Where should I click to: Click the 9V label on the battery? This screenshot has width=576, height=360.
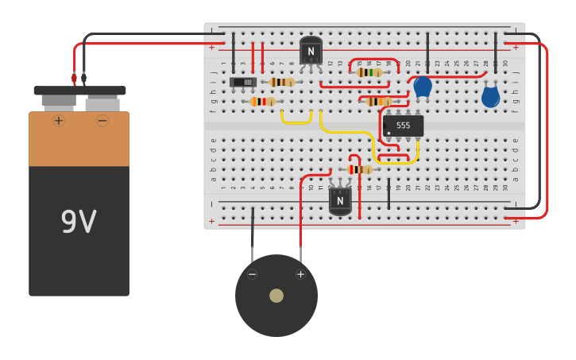tap(79, 223)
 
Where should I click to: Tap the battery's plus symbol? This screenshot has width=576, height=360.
tap(58, 121)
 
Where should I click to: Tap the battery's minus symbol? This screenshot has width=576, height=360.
tap(102, 121)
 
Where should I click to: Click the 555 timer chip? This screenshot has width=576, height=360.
tap(403, 126)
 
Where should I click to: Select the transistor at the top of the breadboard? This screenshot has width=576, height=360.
tap(311, 51)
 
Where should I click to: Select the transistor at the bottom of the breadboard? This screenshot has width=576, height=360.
tap(340, 200)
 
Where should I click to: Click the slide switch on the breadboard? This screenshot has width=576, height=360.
tap(243, 82)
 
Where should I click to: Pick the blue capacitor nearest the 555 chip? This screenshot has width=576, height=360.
tap(423, 86)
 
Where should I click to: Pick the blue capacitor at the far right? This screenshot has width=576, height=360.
tap(491, 97)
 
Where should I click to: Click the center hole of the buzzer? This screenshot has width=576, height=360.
tap(276, 296)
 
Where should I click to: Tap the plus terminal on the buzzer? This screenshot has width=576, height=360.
tap(300, 274)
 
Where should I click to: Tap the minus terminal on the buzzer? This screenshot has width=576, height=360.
tap(252, 274)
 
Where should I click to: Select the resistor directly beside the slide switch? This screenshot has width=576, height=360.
tap(282, 82)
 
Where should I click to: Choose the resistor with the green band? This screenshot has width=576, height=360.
tap(369, 72)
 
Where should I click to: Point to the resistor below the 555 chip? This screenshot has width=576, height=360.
tap(359, 169)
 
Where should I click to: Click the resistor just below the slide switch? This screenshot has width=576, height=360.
tap(262, 102)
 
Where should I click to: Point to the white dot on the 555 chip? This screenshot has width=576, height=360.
tap(389, 133)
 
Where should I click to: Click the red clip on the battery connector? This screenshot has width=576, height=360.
tap(74, 78)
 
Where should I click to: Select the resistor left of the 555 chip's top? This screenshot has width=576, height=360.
tap(378, 101)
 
